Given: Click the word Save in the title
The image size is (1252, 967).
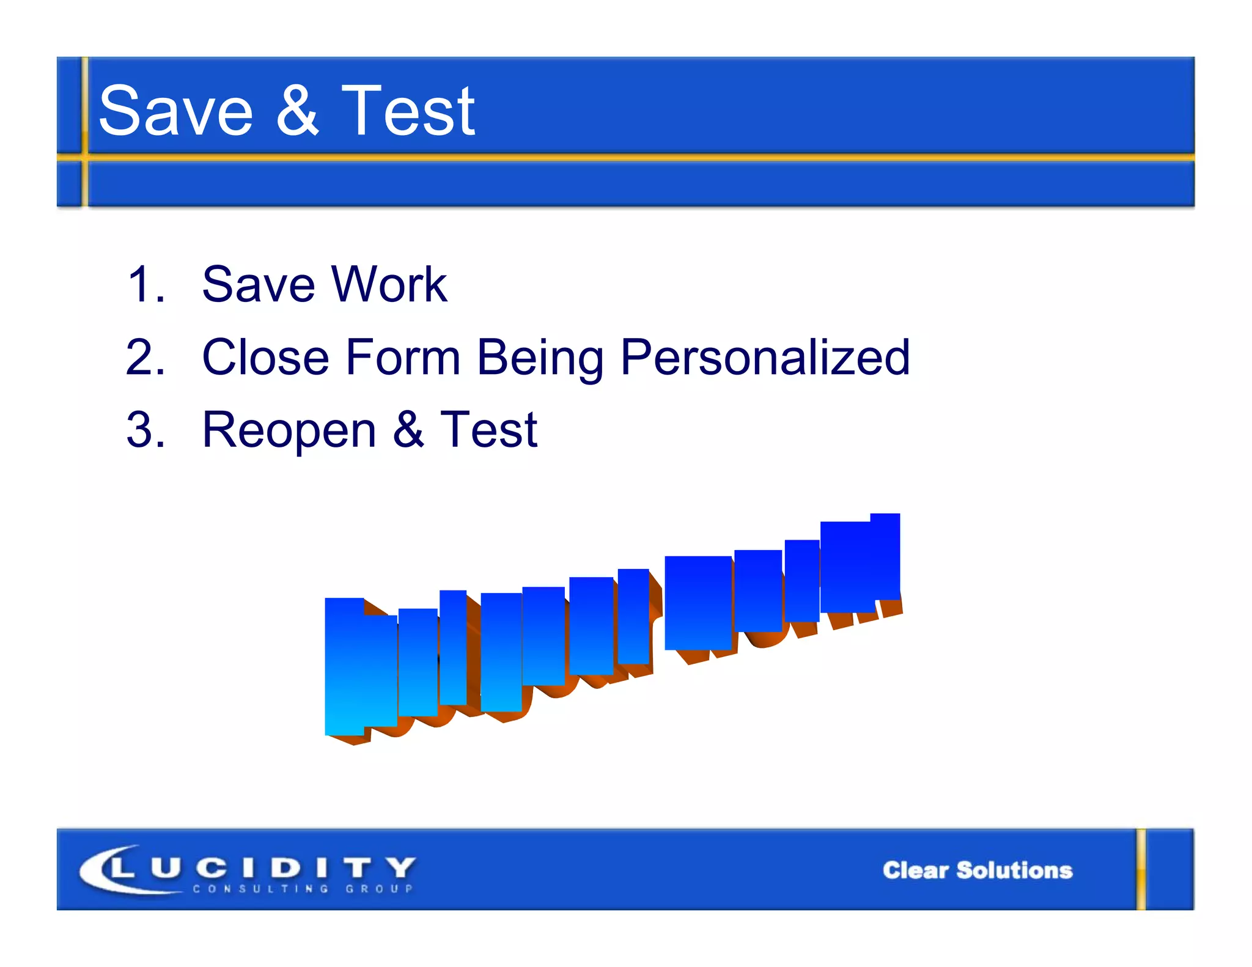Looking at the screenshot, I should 175,111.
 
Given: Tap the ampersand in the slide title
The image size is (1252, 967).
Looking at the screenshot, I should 297,111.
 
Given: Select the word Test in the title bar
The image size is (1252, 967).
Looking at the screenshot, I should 408,111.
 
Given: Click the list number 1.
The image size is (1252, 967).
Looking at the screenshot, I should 145,284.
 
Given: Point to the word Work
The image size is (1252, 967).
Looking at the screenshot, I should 389,284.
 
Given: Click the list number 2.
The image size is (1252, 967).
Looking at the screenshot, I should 145,357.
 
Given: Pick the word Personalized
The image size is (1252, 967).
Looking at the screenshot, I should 765,357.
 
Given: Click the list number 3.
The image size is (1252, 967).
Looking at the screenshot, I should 145,430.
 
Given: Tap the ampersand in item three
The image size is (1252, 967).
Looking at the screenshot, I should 408,430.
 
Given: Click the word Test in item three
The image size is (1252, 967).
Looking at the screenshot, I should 488,430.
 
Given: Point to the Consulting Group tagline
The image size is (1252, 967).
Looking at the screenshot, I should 303,889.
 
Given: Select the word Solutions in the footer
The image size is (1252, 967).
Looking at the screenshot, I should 1014,870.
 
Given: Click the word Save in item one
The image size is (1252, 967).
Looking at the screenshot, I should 259,284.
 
